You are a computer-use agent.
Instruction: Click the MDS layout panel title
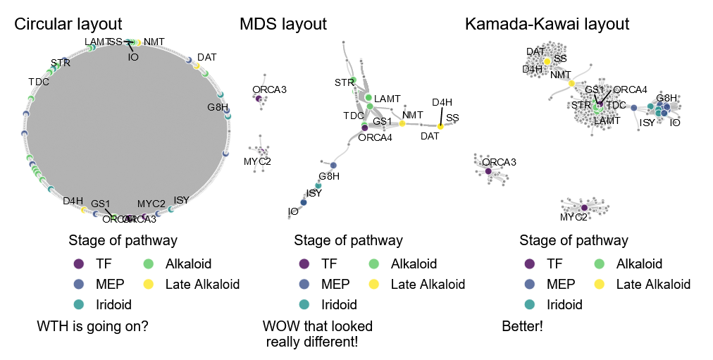click(x=283, y=25)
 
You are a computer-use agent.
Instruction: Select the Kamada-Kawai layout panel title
click(x=547, y=25)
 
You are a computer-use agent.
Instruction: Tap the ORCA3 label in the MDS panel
click(x=269, y=89)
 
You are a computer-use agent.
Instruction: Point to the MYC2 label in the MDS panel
click(x=257, y=162)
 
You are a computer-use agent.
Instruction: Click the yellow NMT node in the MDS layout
click(x=402, y=123)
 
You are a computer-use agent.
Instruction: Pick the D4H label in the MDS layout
click(x=442, y=102)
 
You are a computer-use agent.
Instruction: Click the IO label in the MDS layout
click(x=293, y=211)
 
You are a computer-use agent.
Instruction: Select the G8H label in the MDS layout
click(x=329, y=177)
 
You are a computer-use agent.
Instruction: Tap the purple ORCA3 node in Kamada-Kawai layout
click(x=488, y=170)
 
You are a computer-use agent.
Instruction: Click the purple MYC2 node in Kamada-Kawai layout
click(x=584, y=207)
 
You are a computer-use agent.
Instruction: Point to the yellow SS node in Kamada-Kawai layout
click(x=547, y=62)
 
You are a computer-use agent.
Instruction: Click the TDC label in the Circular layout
click(x=39, y=82)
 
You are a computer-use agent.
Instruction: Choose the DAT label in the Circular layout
click(x=206, y=56)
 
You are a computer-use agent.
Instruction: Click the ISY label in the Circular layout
click(x=181, y=201)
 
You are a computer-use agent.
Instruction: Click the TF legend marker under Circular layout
click(x=79, y=264)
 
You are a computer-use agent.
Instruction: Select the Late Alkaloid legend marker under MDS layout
click(x=374, y=285)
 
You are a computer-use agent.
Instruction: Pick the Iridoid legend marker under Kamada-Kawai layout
click(x=529, y=305)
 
